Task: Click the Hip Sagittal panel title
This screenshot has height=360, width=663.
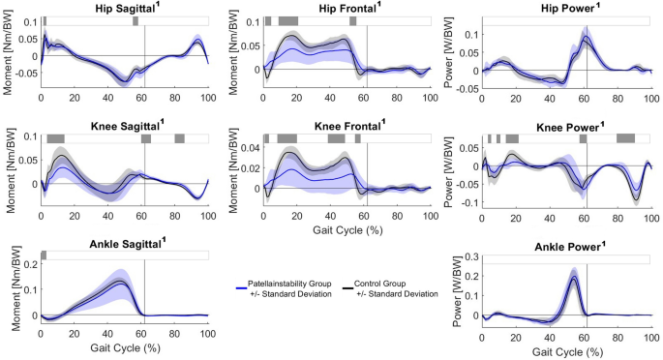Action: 124,8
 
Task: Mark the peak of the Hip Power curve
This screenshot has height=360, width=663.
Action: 586,38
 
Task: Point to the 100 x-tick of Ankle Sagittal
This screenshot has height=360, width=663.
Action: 207,334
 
